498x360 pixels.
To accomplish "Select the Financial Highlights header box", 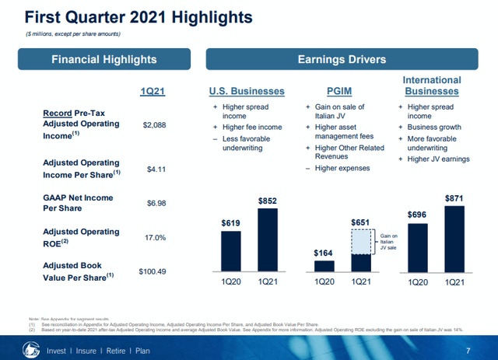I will [103, 59].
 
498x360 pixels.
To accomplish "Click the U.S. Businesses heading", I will [245, 92].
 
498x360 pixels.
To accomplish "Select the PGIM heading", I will [341, 92].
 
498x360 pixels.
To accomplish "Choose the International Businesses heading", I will [432, 86].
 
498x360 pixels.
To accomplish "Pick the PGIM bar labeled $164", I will [324, 266].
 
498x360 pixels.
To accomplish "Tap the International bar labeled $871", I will [454, 239].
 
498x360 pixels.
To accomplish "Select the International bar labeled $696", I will [418, 248].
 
